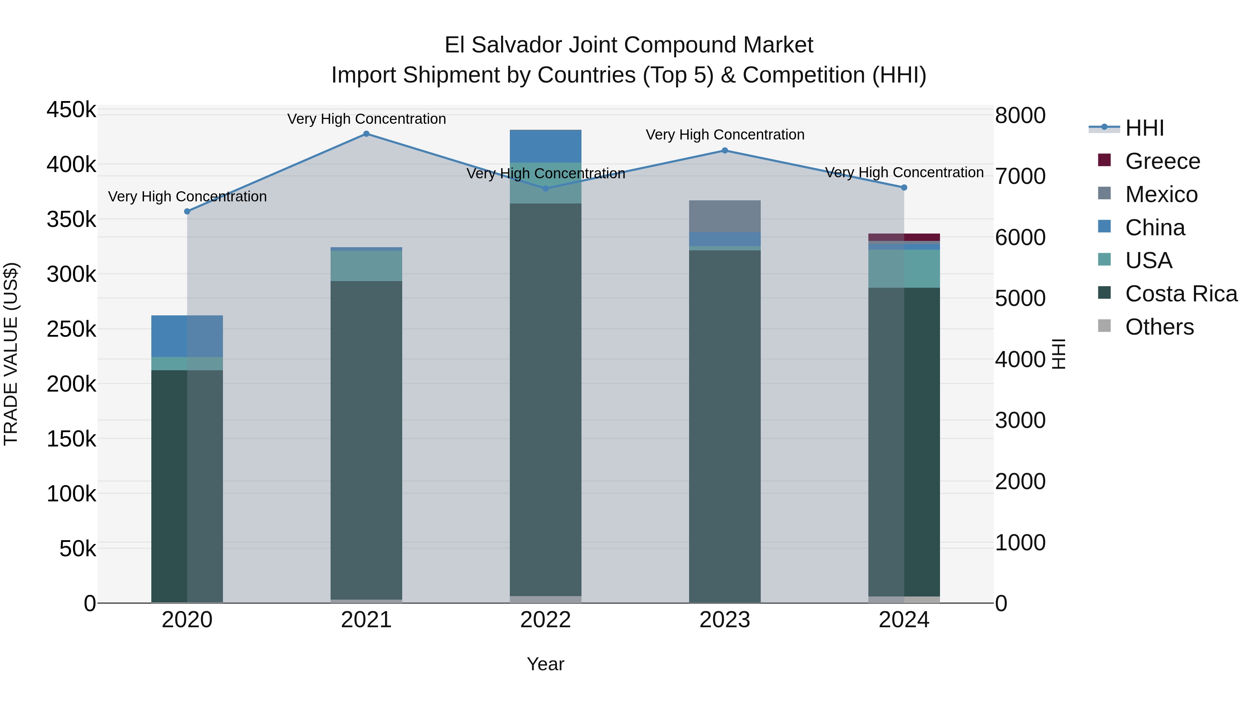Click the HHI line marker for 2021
tap(366, 134)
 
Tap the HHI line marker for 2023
tap(725, 150)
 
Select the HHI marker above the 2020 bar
tap(187, 212)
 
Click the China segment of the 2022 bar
tap(545, 145)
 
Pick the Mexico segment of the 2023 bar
tap(725, 216)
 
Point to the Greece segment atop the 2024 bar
tap(904, 237)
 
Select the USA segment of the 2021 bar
tap(366, 266)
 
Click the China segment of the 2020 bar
tap(187, 336)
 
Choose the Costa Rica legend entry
tap(1181, 294)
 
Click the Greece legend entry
tap(1162, 161)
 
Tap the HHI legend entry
tap(1144, 128)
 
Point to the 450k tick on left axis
tap(71, 110)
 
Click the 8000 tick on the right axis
tap(1020, 116)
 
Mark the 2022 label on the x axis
tap(545, 620)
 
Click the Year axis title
tap(545, 664)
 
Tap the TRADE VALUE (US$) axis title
tap(11, 354)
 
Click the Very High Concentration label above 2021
tap(366, 119)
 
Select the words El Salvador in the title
tap(503, 45)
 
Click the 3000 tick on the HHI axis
tap(1020, 421)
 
